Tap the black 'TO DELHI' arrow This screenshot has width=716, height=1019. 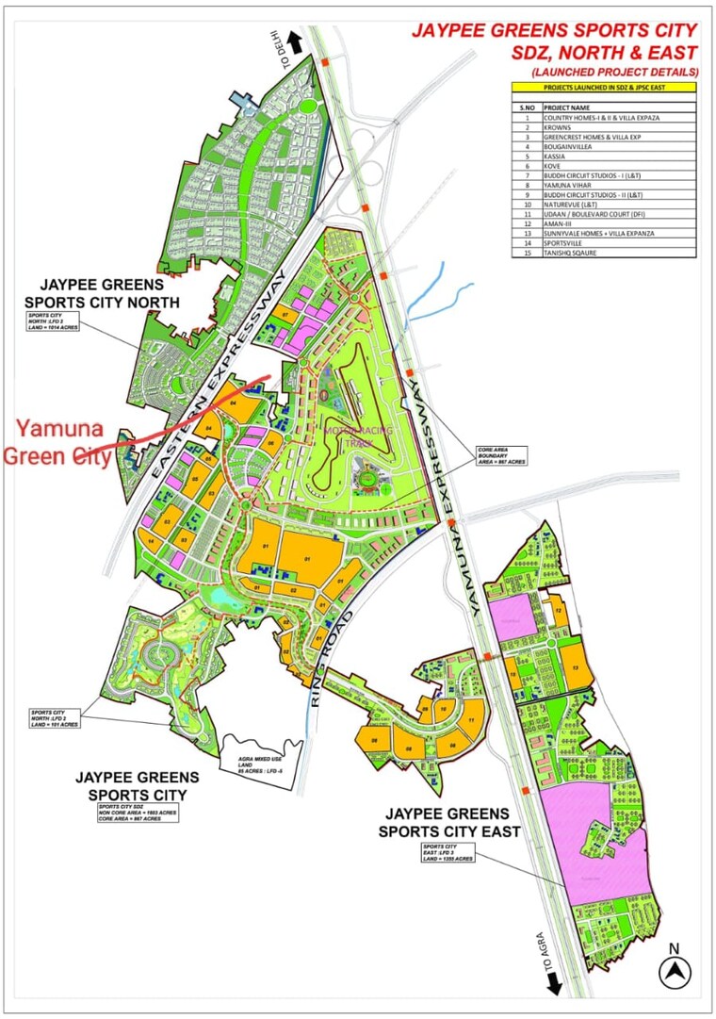click(294, 41)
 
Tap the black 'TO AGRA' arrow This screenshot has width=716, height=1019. click(554, 981)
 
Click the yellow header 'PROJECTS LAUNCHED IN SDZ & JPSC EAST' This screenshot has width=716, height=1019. click(604, 87)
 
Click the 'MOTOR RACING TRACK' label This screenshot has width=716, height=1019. click(350, 436)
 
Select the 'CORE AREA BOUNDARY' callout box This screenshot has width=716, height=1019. click(500, 455)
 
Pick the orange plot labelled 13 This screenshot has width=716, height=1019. click(575, 666)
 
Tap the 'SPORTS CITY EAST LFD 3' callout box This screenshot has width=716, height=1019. click(448, 852)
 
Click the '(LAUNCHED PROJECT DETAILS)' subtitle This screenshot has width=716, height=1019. click(613, 72)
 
